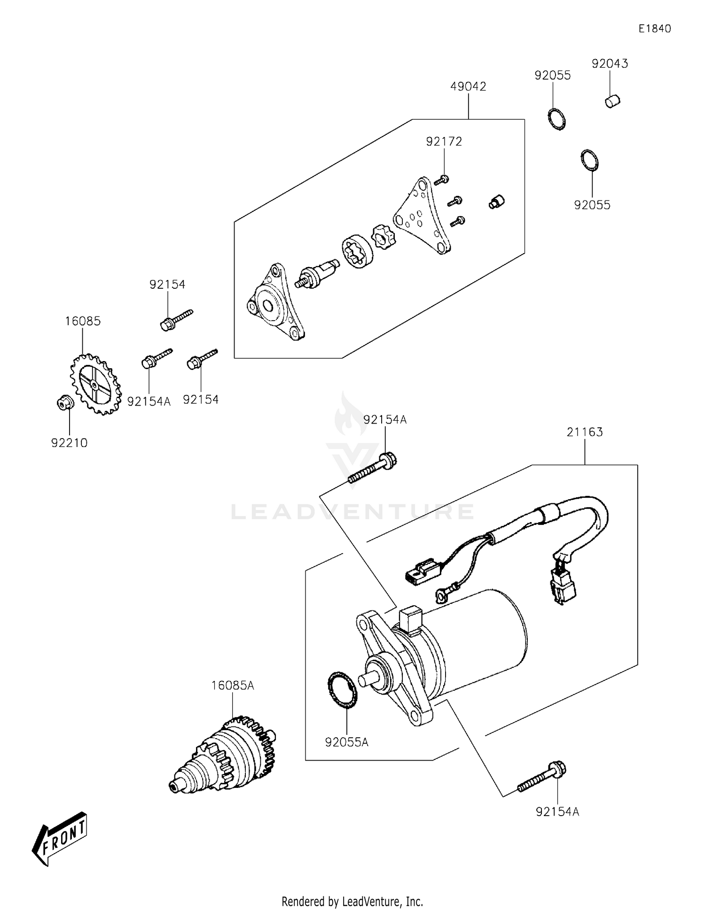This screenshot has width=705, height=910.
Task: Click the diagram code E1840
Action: (x=654, y=29)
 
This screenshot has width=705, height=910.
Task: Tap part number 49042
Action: (x=468, y=86)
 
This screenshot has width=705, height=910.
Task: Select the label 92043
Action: (x=610, y=63)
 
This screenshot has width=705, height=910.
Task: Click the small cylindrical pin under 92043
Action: (x=612, y=101)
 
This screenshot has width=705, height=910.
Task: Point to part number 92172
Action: (x=444, y=141)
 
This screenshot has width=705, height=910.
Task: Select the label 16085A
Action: (x=232, y=686)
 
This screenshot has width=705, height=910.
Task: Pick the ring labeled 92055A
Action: (x=342, y=690)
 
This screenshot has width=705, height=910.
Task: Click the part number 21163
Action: (x=584, y=432)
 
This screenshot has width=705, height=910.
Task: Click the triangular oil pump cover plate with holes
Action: (x=422, y=216)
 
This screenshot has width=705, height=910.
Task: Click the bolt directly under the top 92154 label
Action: (x=176, y=319)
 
